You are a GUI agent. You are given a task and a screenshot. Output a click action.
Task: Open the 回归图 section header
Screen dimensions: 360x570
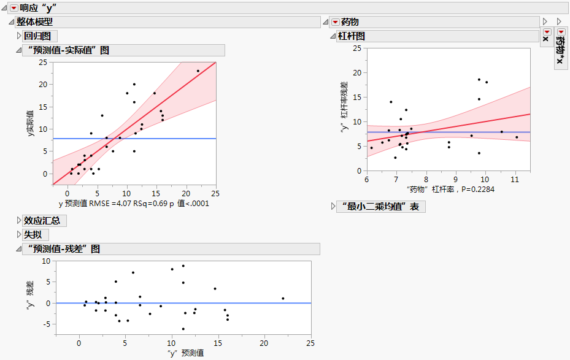pyautogui.click(x=41, y=36)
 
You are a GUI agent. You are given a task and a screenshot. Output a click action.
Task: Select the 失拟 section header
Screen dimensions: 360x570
pyautogui.click(x=36, y=235)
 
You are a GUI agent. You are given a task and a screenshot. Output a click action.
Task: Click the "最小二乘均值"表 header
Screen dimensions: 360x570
pyautogui.click(x=381, y=207)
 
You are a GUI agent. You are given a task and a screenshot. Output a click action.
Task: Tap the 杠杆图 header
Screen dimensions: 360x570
pyautogui.click(x=351, y=36)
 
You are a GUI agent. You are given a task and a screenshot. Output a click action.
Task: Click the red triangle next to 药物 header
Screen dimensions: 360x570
pyautogui.click(x=335, y=22)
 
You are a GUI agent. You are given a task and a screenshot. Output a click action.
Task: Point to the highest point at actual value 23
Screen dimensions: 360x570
pyautogui.click(x=198, y=71)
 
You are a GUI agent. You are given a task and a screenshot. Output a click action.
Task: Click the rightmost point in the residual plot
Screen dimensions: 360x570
pyautogui.click(x=283, y=298)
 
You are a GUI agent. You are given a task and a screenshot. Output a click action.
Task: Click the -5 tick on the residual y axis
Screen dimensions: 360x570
pyautogui.click(x=46, y=324)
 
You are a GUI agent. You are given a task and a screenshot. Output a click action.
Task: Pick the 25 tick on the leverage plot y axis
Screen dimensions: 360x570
pyautogui.click(x=356, y=48)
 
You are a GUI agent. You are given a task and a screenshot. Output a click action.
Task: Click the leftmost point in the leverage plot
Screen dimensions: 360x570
pyautogui.click(x=371, y=148)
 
